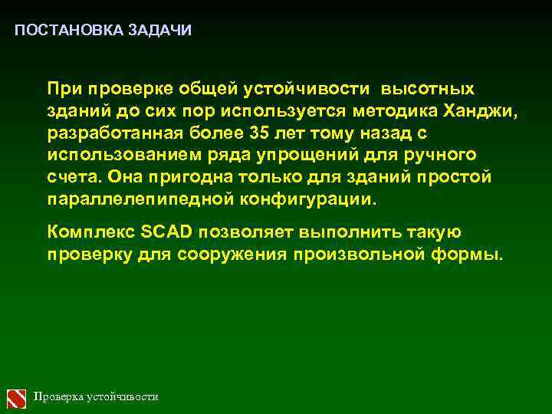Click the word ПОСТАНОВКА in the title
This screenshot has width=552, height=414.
[58, 31]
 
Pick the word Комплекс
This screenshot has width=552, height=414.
[90, 232]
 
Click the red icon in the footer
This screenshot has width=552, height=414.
[17, 397]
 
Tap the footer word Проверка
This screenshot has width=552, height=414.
[58, 397]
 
